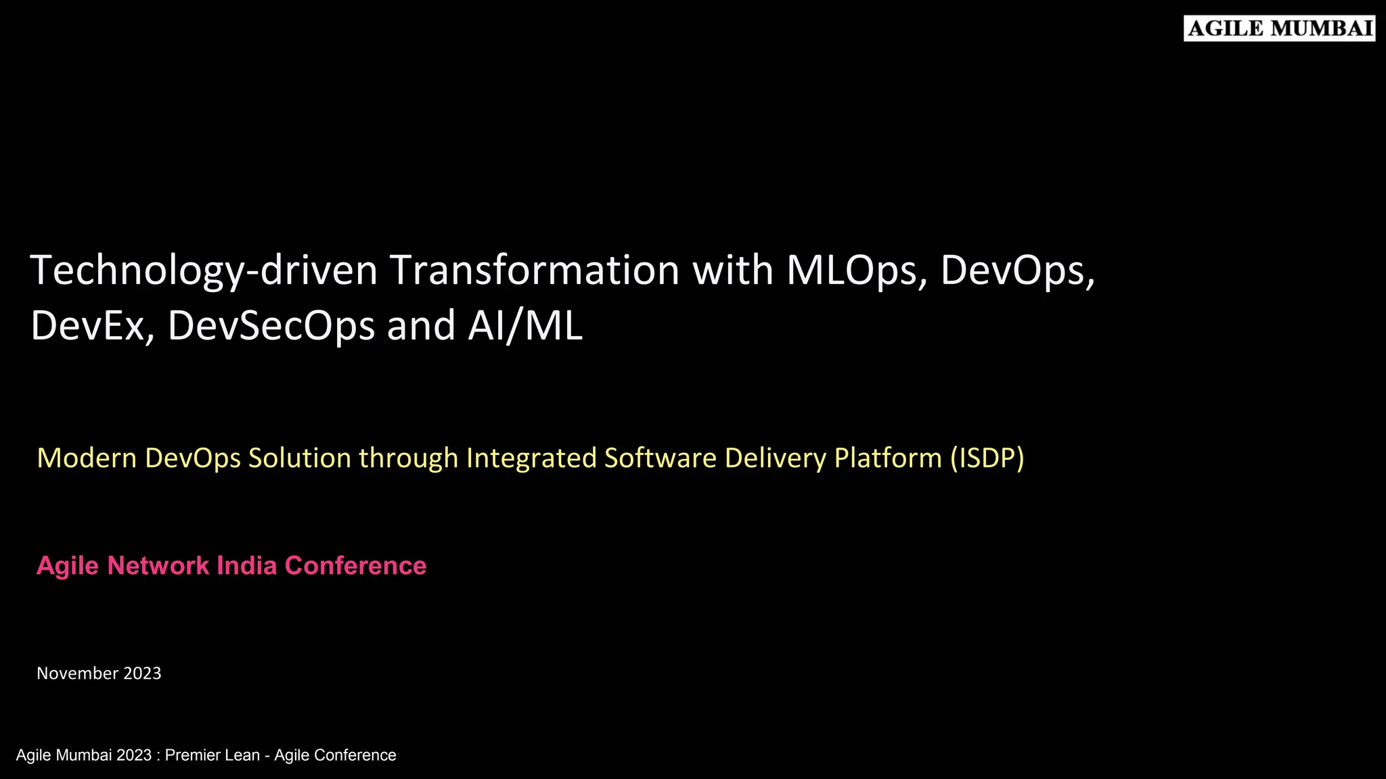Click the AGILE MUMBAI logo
(1279, 29)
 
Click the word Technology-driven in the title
(203, 270)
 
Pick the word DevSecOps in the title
(271, 326)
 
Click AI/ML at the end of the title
(524, 326)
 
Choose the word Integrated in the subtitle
(531, 458)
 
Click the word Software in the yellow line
(660, 458)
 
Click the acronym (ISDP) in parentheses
(987, 458)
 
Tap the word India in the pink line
(247, 566)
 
